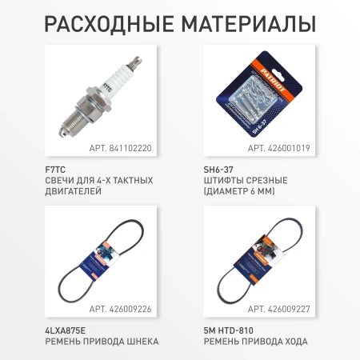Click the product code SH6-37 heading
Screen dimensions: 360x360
point(218,170)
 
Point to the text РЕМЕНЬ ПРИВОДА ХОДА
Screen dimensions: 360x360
point(256,342)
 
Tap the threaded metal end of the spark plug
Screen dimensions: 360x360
point(72,121)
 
